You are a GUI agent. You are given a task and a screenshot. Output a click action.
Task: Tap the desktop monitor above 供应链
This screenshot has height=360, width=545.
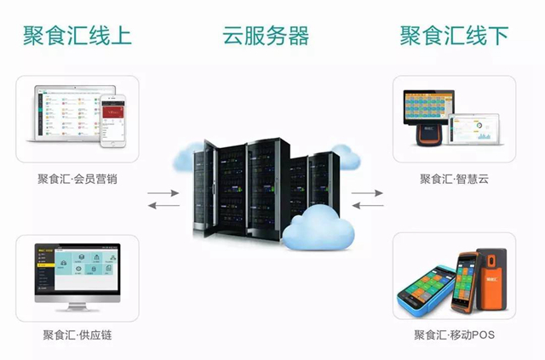77,277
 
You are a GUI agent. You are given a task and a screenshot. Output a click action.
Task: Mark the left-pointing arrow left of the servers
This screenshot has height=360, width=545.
163,205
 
